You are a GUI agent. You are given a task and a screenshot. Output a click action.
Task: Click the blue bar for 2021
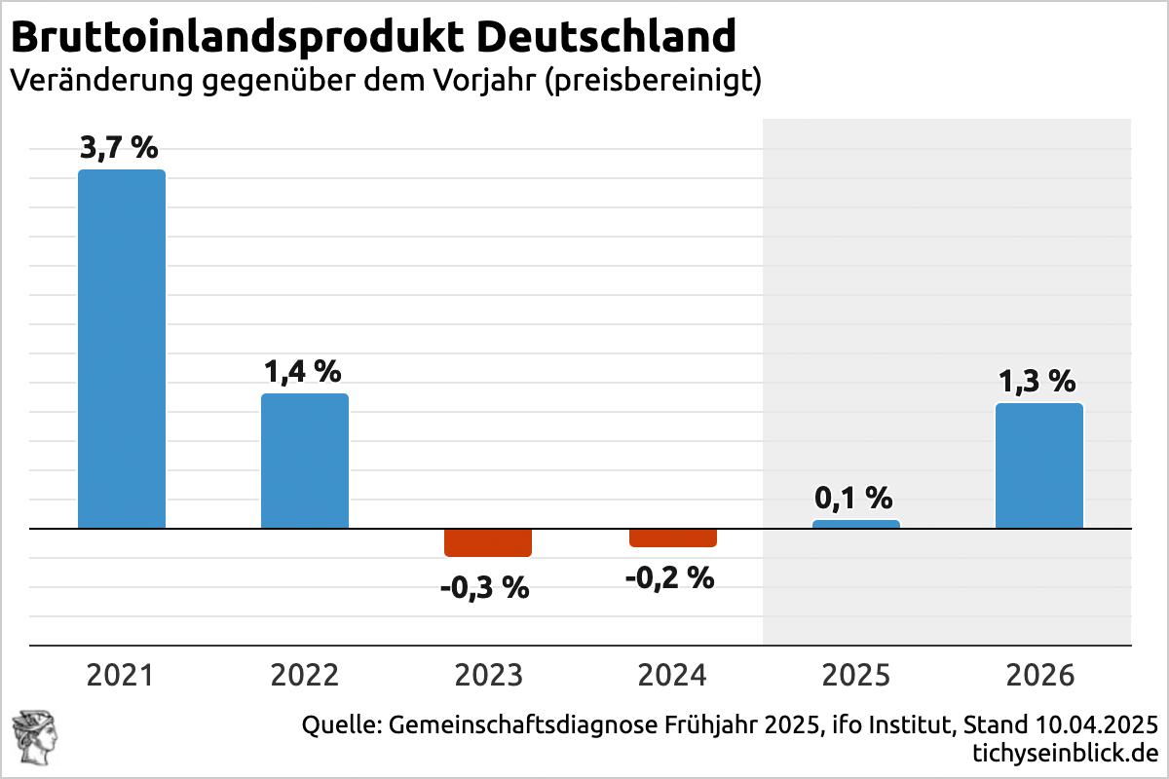tap(122, 349)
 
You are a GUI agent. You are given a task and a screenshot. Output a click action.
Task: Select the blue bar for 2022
tap(305, 461)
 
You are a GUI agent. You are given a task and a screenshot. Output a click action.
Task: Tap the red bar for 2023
tap(488, 542)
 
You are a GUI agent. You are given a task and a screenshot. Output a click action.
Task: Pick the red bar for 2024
tap(673, 538)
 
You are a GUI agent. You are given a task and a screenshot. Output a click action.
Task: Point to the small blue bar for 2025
tap(856, 524)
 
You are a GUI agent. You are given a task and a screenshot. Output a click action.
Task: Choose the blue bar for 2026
tap(1039, 465)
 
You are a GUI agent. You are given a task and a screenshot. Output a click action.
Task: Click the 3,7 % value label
tap(119, 148)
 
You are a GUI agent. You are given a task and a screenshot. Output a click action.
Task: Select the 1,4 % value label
tap(303, 372)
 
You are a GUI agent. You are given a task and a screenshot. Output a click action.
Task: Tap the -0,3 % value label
tap(485, 588)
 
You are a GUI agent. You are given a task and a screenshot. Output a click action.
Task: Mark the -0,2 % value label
tap(669, 578)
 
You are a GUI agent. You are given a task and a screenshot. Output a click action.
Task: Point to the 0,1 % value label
tap(853, 498)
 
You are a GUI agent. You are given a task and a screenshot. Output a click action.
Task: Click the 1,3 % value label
tap(1037, 381)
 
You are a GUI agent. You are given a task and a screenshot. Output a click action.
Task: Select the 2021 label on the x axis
tap(120, 675)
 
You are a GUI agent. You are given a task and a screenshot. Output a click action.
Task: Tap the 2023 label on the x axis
tap(488, 675)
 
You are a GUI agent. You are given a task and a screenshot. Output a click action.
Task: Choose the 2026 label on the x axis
tap(1040, 675)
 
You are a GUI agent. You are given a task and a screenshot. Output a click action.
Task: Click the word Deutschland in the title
tap(606, 37)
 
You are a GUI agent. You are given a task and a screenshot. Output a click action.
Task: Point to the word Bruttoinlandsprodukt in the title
tap(237, 38)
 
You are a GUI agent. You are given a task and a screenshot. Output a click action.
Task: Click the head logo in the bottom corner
tap(35, 738)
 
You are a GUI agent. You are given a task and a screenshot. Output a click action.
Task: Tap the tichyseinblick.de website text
tap(1065, 753)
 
